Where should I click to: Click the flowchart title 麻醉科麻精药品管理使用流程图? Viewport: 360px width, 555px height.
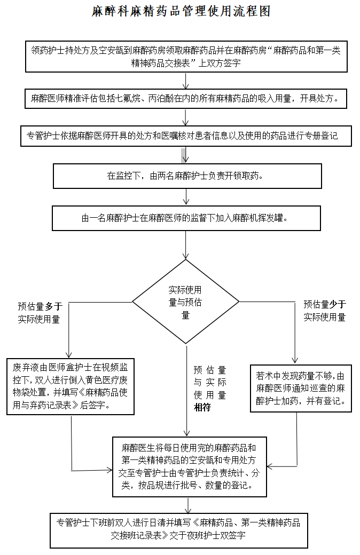[181, 11]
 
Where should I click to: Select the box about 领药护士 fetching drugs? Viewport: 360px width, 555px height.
[186, 57]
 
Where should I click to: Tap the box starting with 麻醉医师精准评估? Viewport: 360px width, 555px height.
[185, 98]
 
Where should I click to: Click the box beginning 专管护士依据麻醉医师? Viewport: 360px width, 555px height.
[186, 136]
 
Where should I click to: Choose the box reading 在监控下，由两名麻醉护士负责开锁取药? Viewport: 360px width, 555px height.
[187, 176]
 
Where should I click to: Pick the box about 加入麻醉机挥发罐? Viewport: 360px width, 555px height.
[186, 218]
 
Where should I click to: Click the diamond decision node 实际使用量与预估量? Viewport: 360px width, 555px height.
[186, 302]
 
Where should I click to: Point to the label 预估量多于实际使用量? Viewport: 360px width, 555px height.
[40, 313]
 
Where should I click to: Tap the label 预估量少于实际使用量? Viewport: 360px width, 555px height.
[325, 311]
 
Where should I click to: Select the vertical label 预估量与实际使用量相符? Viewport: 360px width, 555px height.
[210, 388]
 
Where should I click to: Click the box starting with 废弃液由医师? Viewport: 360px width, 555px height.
[70, 386]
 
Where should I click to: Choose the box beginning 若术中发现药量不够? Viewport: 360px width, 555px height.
[301, 388]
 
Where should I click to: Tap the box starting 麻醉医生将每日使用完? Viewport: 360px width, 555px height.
[190, 467]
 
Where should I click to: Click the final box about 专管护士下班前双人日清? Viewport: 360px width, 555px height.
[178, 530]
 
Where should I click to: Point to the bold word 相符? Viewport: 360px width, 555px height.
[202, 407]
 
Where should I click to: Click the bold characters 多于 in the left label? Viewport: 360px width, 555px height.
[54, 306]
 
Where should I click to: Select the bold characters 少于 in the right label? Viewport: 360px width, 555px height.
[338, 304]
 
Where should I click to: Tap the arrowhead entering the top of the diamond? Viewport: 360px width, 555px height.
[186, 256]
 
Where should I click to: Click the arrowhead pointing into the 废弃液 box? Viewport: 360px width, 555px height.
[69, 354]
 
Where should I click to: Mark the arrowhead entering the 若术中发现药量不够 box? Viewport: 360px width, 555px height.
[295, 361]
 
